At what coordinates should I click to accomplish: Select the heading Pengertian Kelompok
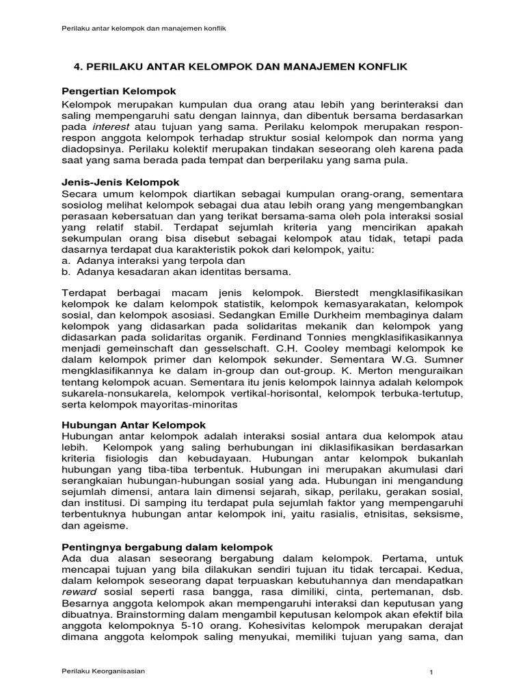tap(119, 91)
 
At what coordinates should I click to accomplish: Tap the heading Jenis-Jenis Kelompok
tap(120, 183)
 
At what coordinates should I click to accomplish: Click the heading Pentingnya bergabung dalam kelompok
tap(167, 547)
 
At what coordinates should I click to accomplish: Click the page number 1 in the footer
tap(431, 673)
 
